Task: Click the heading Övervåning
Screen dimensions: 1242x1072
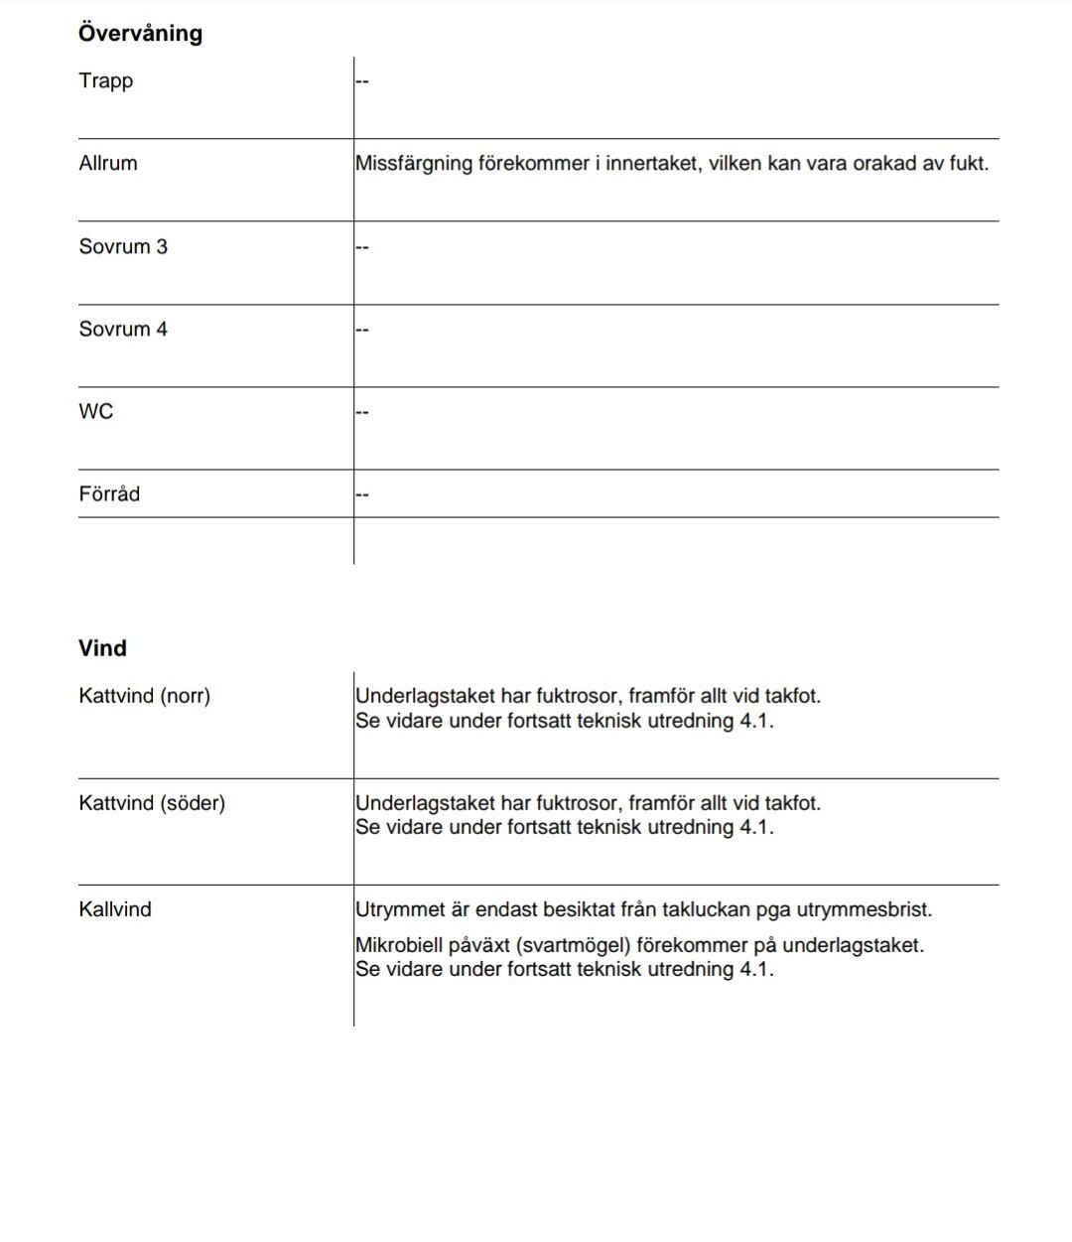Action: coord(140,33)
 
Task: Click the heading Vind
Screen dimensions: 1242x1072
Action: coord(102,648)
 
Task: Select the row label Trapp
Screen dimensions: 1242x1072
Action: coord(105,80)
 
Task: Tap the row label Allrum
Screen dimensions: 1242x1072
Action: coord(108,163)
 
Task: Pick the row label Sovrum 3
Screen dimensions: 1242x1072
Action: coord(123,246)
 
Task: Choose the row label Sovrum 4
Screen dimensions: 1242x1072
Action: coord(123,329)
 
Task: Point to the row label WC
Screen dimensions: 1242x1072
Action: coord(96,411)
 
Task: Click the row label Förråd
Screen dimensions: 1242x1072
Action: coord(109,493)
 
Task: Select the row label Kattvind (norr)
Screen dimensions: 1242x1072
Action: coord(144,696)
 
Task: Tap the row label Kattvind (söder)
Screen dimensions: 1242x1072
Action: coord(152,802)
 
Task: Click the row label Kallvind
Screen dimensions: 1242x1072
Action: coord(115,908)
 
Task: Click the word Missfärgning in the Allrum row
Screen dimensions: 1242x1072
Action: coord(414,164)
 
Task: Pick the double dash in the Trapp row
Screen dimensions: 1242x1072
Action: coord(362,80)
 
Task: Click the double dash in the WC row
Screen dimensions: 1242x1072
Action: coord(362,411)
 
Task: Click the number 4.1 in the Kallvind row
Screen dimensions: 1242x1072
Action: coord(755,969)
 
